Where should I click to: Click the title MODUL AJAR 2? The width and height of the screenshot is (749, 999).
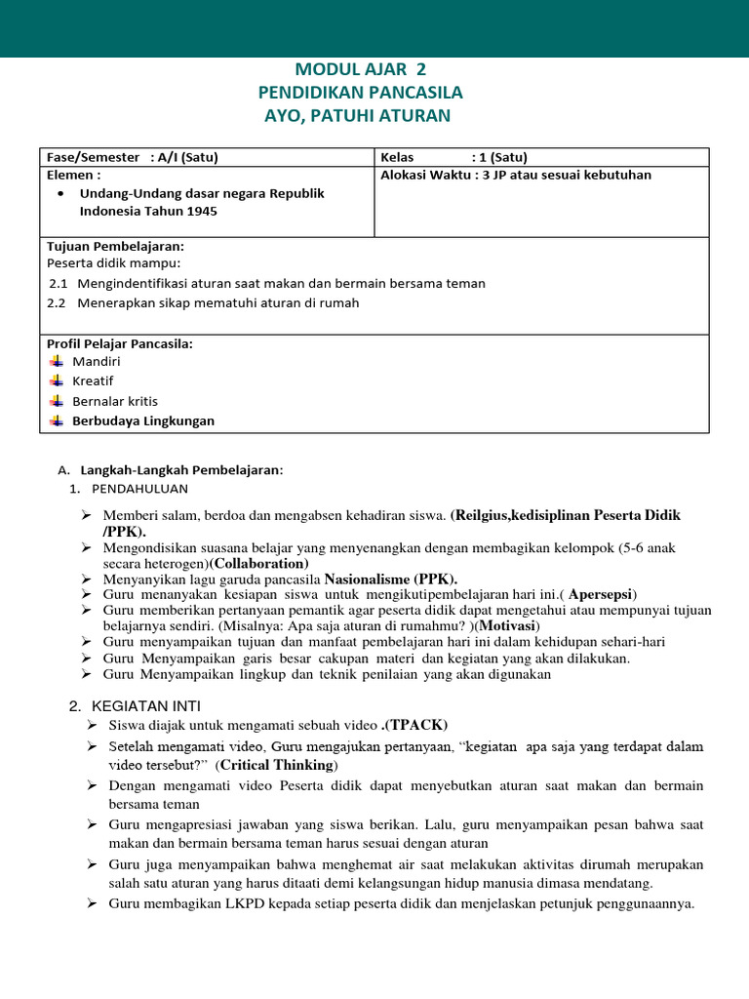pyautogui.click(x=361, y=69)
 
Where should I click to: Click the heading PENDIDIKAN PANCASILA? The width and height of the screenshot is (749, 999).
pyautogui.click(x=361, y=93)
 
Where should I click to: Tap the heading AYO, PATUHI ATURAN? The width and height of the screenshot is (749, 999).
pyautogui.click(x=359, y=116)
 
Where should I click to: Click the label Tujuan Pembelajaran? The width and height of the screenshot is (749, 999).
pyautogui.click(x=115, y=246)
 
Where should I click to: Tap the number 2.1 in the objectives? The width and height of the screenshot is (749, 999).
pyautogui.click(x=58, y=283)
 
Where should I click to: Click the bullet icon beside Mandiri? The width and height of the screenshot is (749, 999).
pyautogui.click(x=56, y=361)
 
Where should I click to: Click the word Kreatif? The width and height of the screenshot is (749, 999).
pyautogui.click(x=93, y=380)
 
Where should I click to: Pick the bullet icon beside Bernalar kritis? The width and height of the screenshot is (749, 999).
pyautogui.click(x=56, y=400)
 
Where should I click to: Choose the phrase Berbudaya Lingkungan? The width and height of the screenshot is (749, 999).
pyautogui.click(x=143, y=420)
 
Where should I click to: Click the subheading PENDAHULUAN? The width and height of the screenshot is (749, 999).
pyautogui.click(x=139, y=488)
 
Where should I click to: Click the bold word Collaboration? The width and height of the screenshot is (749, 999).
pyautogui.click(x=260, y=564)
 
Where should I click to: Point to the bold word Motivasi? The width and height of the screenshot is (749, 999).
pyautogui.click(x=509, y=625)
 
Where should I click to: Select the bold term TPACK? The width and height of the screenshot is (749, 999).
pyautogui.click(x=416, y=725)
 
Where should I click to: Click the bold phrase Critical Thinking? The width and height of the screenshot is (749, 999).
pyautogui.click(x=277, y=765)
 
